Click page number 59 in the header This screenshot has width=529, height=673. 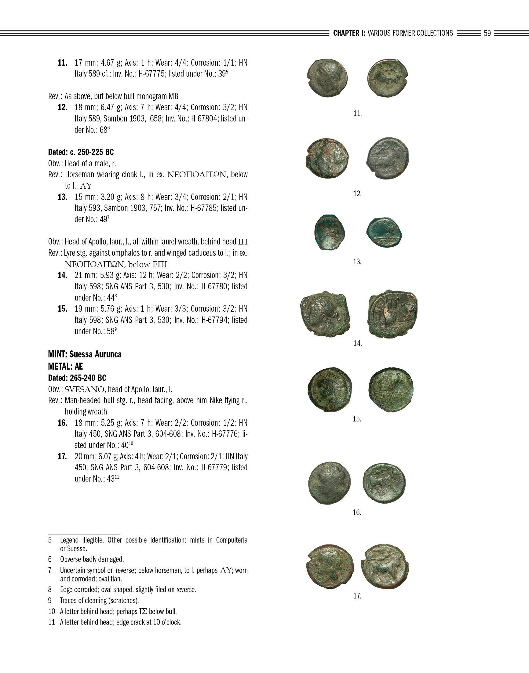click(487, 33)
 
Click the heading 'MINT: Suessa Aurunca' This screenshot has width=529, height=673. click(85, 354)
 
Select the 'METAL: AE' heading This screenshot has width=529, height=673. click(65, 366)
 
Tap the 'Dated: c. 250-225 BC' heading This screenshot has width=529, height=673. click(81, 152)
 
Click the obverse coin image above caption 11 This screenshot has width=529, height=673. click(327, 78)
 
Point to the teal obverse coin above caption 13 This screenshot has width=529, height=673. click(330, 232)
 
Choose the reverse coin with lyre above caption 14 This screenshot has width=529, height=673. click(392, 314)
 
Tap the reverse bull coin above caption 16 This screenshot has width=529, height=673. click(384, 483)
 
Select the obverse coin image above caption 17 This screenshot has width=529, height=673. click(330, 566)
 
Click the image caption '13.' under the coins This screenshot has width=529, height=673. click(357, 262)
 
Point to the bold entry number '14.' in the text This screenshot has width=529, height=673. click(63, 275)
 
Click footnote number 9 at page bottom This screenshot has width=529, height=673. click(50, 600)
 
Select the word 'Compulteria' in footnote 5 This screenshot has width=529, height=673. click(232, 540)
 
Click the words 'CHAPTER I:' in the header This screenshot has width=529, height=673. click(349, 33)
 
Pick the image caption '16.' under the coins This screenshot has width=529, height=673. click(357, 512)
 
